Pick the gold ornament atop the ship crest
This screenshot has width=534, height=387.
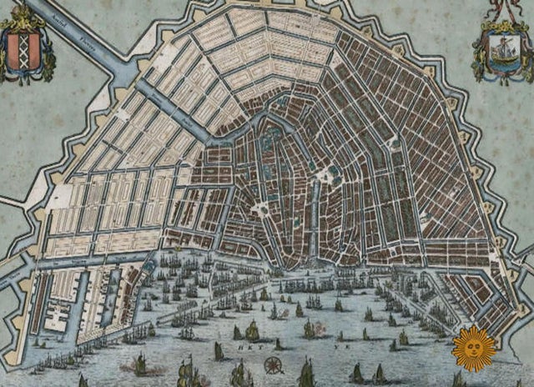(x=505, y=25)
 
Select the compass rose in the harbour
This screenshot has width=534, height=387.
(x=272, y=364)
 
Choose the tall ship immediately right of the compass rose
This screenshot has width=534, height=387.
(x=307, y=372)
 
